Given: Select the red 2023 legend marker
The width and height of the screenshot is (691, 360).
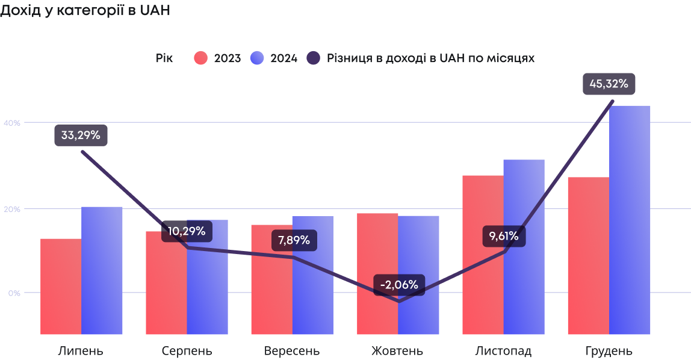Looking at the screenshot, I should (200, 58).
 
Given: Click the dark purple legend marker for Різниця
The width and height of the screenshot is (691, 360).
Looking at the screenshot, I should (314, 58).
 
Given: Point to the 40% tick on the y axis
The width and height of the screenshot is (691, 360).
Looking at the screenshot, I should (12, 123).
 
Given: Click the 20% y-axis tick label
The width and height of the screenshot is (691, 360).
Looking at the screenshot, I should (12, 209).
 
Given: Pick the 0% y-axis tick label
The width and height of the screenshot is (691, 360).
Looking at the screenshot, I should (14, 293).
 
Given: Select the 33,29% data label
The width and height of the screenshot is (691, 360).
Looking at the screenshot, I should (81, 135).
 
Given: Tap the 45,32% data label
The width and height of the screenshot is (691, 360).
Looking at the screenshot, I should (609, 84).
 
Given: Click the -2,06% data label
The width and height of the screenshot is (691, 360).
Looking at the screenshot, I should (399, 285).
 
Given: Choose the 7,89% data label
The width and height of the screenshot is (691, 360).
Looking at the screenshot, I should (294, 240).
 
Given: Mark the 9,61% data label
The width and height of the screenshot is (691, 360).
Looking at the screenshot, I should (504, 236).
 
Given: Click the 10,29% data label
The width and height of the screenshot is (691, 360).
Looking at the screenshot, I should (187, 231).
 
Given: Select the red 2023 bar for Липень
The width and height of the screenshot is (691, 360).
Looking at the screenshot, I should (61, 286).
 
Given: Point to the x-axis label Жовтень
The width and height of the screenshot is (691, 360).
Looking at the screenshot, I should (397, 351).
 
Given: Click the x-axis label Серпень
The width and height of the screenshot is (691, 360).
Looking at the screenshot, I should (187, 351).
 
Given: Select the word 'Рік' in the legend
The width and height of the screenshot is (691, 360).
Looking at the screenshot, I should (164, 58).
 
